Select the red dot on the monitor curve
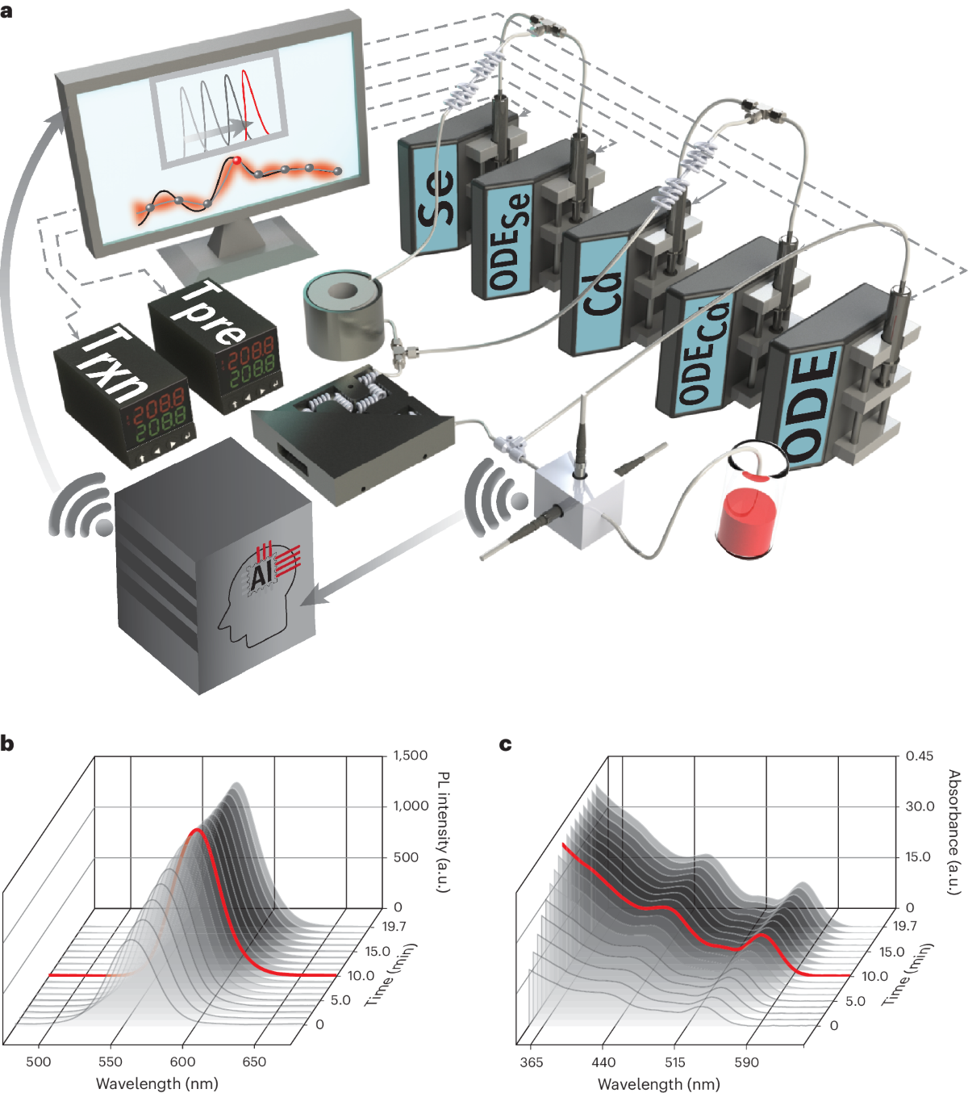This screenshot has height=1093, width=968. pos(237,161)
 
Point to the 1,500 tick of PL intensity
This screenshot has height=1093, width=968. pos(411,756)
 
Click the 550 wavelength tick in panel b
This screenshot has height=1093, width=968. pos(111,1062)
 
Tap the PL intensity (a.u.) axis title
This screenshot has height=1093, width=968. pos(443,831)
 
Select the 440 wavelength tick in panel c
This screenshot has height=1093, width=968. pos(603,1062)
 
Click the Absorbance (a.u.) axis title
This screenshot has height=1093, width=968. pos(953,831)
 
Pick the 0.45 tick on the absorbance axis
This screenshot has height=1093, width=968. pos(920,756)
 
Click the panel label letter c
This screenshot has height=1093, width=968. pos(506,744)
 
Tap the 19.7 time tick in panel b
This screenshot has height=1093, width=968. pos(394,926)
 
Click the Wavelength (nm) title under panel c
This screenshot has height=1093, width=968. pos(658,1083)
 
